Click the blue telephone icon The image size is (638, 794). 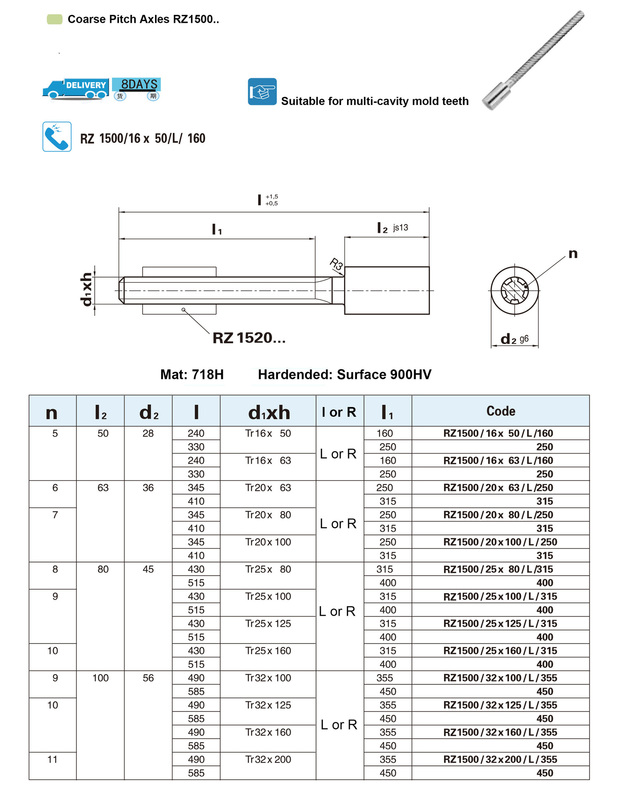[57, 136]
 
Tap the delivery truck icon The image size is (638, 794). [76, 88]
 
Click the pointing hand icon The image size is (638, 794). [262, 91]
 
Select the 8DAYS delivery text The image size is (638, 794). [139, 84]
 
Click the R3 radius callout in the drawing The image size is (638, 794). [336, 264]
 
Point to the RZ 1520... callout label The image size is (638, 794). [249, 338]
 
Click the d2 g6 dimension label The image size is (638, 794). [514, 339]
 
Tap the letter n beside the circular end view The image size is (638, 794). [573, 253]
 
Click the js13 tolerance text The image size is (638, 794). [400, 227]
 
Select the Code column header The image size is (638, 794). [501, 411]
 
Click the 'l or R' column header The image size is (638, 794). [339, 412]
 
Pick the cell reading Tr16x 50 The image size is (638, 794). [268, 433]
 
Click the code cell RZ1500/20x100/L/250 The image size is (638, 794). [500, 542]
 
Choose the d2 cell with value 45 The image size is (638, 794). [148, 569]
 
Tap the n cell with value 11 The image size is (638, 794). [53, 760]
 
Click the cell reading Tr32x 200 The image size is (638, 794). [268, 760]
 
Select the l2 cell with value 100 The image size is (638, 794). [100, 678]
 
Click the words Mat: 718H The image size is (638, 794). [192, 374]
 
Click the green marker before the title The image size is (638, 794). [55, 19]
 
